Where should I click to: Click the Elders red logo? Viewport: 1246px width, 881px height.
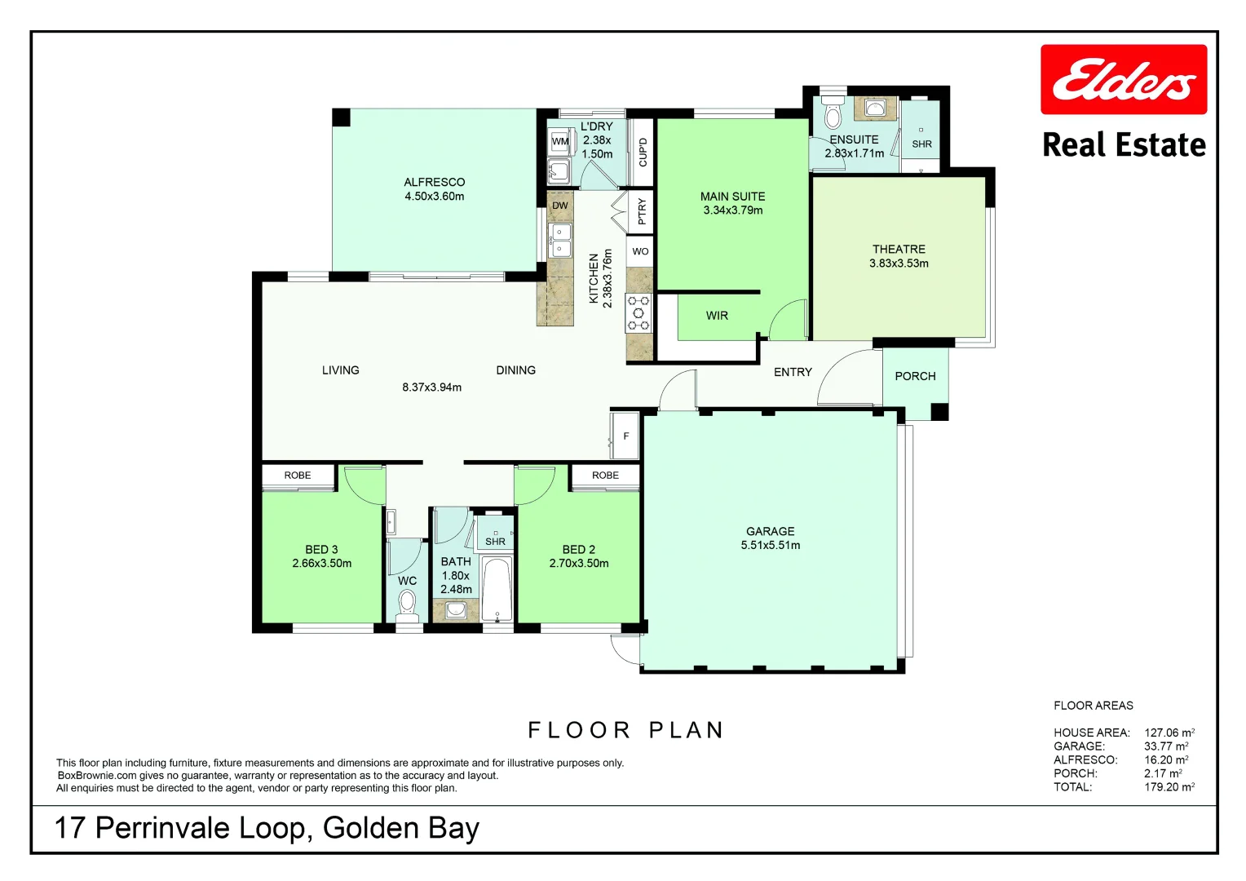[1123, 80]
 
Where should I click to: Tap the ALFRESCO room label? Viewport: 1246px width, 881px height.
[434, 183]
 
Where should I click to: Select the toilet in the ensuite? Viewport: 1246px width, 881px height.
[833, 113]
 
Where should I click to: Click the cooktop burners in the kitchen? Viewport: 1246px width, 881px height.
[638, 313]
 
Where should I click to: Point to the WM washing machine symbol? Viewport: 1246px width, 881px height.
[560, 142]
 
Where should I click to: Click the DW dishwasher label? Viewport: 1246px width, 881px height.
[559, 206]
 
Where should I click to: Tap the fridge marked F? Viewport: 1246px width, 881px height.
[625, 436]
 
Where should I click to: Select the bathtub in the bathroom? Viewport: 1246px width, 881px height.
[497, 589]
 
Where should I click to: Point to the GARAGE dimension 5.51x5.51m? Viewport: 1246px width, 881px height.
[770, 546]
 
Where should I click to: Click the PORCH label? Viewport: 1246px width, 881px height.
[915, 376]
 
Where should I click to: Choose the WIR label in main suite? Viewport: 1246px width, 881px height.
[717, 316]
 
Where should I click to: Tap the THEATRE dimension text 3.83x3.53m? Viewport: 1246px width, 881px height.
[899, 263]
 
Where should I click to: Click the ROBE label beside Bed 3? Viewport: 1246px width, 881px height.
[298, 476]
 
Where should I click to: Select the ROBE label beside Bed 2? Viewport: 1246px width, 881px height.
[605, 476]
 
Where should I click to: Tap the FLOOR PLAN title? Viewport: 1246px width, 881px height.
[625, 730]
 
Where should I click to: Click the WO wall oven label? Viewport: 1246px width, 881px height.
[640, 251]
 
